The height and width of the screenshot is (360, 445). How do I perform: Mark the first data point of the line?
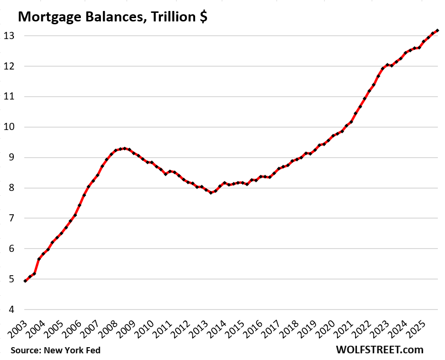click(x=25, y=281)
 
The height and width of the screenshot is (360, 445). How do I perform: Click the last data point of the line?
click(x=437, y=30)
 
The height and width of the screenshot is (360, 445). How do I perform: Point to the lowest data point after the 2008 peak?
click(x=210, y=192)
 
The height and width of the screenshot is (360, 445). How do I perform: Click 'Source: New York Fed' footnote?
click(x=56, y=350)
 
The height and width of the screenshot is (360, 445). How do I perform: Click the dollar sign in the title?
click(x=203, y=17)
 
